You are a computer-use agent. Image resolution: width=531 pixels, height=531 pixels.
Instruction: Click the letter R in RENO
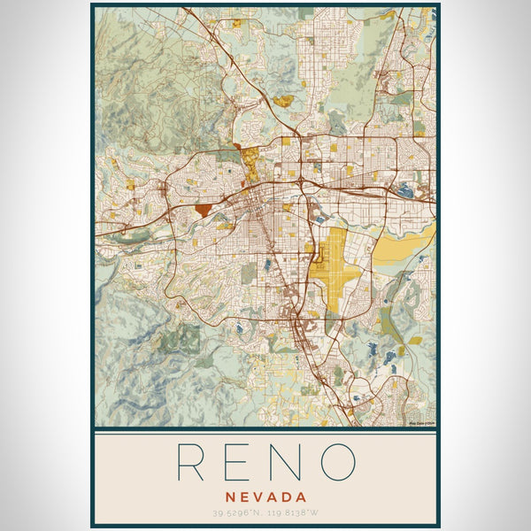point(193,462)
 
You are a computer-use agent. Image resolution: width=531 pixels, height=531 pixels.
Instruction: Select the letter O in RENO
point(337,462)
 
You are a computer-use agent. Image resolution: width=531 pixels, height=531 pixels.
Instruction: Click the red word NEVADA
point(265,497)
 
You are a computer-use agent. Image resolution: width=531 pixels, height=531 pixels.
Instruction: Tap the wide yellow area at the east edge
point(403,250)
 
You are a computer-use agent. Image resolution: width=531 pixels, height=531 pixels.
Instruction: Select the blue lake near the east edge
point(405,189)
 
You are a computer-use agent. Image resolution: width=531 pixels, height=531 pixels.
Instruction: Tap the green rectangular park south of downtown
point(249,273)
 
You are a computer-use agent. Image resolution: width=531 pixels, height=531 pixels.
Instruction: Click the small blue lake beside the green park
point(239,328)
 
